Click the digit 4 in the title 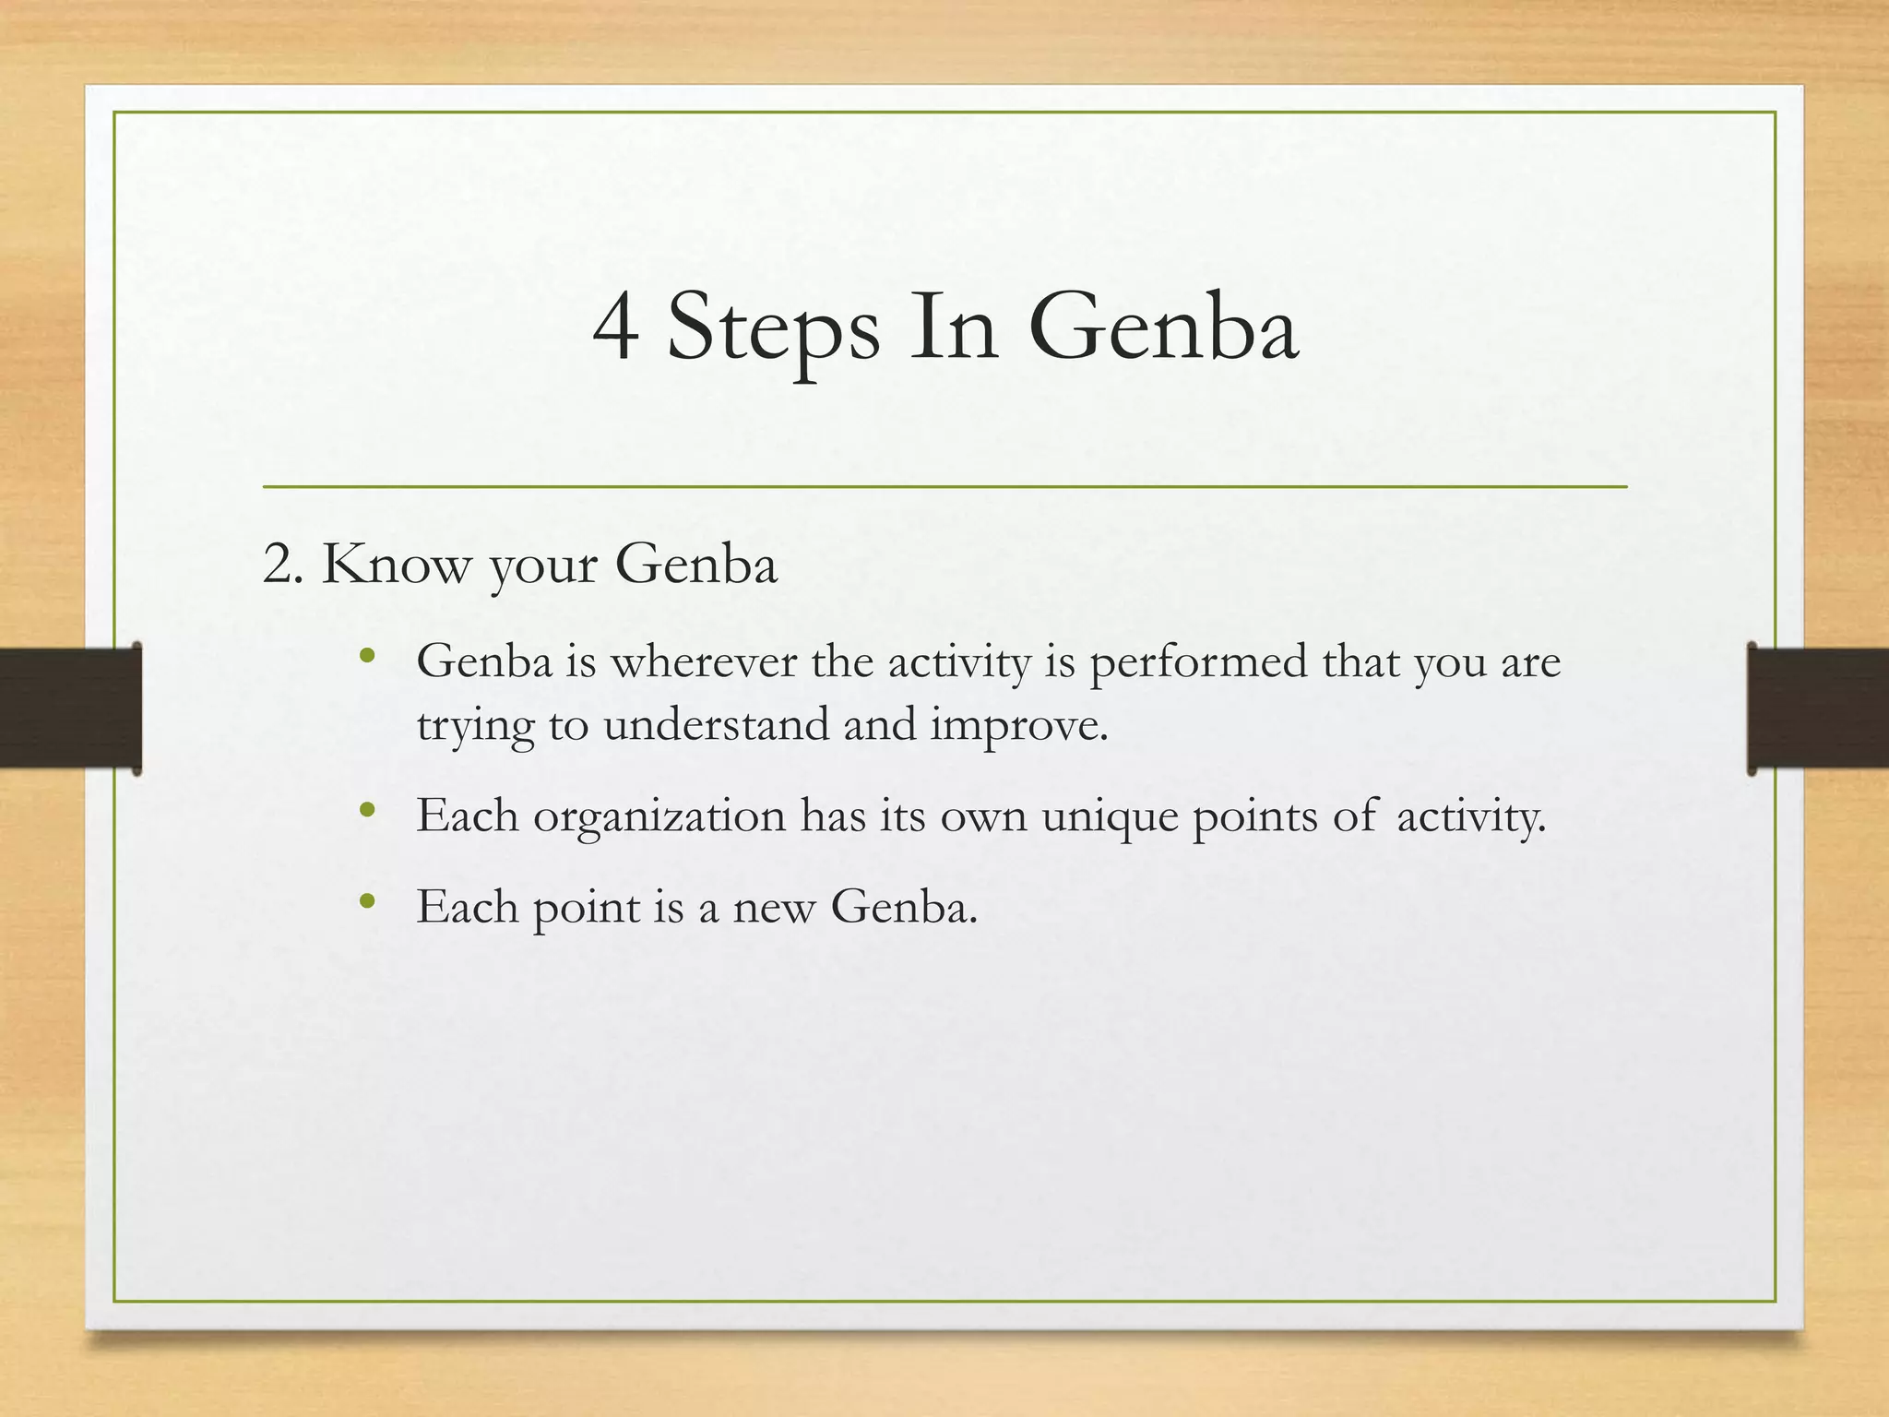[615, 327]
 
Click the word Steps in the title [773, 330]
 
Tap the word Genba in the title [1171, 327]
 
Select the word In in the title [954, 327]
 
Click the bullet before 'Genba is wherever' [367, 658]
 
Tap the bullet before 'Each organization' [367, 811]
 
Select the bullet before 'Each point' [367, 901]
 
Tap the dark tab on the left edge [70, 708]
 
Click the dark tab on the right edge [1818, 708]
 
